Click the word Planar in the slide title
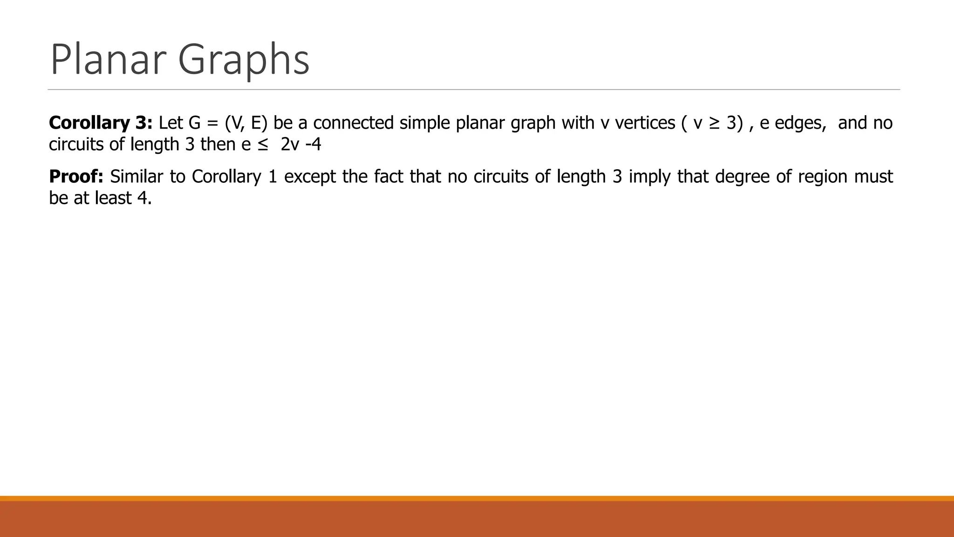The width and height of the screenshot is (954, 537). coord(108,59)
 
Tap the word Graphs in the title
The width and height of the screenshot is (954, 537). coord(244,59)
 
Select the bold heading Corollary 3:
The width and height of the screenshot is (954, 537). coord(101,123)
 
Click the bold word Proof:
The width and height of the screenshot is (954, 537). coord(76,177)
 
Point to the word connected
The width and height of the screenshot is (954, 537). coord(354,123)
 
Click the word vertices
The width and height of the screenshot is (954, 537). coord(645,123)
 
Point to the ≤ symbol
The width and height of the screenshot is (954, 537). coord(262,145)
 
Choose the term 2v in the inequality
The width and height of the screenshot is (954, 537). coord(290,145)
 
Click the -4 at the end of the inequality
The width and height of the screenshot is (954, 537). coord(313,145)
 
